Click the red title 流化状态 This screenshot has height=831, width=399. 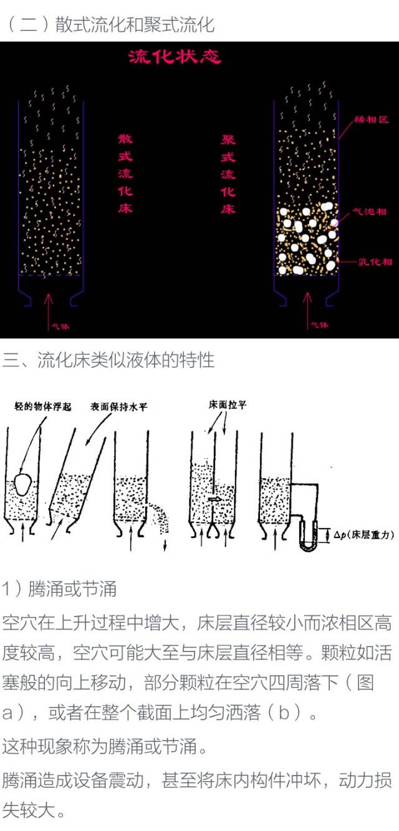(174, 57)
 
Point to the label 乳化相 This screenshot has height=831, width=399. (375, 262)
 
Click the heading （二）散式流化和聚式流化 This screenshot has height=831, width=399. (110, 25)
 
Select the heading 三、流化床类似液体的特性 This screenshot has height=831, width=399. (109, 360)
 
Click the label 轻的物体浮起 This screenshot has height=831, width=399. (43, 407)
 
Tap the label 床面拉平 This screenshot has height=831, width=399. (227, 405)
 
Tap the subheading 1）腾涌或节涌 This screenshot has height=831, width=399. (59, 588)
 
